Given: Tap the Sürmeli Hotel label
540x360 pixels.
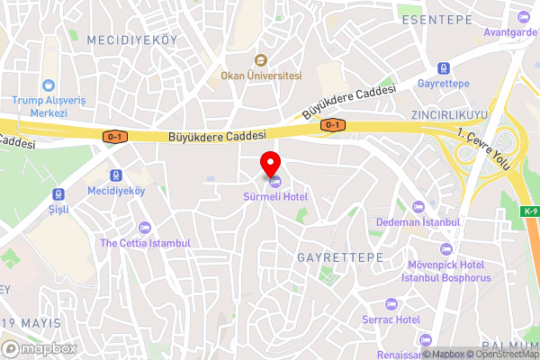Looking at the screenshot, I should [275, 196].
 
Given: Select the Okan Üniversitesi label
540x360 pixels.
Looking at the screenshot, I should [261, 76].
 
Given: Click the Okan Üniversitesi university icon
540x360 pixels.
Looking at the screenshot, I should [261, 61].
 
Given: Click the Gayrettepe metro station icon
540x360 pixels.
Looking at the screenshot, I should [443, 68].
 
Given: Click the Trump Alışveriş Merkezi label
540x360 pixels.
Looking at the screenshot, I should [52, 106].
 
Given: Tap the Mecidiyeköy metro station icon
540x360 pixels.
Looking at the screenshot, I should [116, 175].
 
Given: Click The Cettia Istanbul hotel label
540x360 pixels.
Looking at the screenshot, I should [145, 243].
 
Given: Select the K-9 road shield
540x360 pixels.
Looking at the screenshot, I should [529, 212].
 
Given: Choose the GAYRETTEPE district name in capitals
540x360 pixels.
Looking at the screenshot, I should [340, 257].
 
